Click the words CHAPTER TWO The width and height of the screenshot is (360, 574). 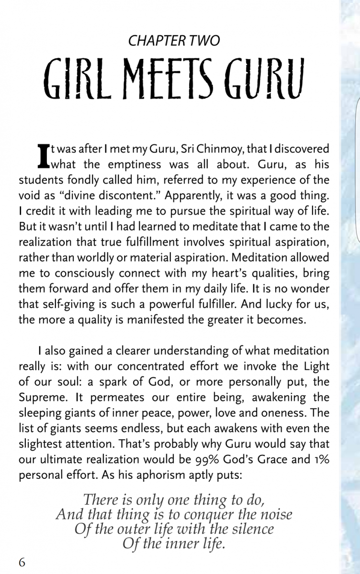(x=174, y=41)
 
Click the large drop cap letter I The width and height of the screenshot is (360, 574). (x=43, y=154)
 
